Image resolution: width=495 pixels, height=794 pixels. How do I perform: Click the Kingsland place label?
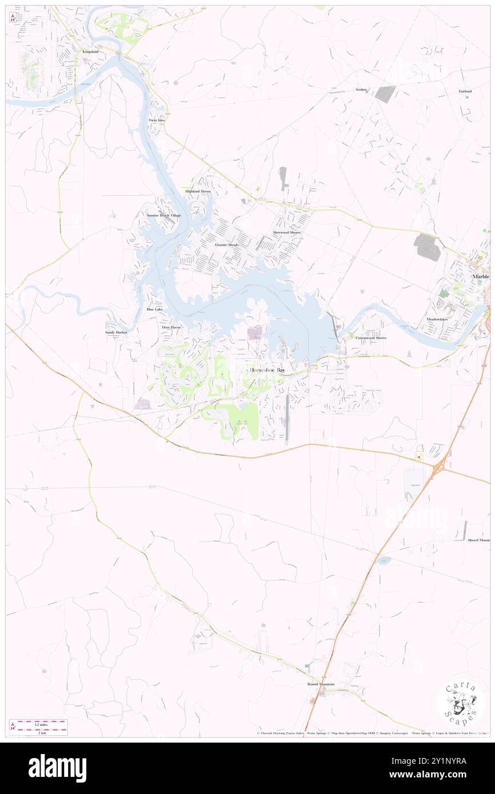[x=90, y=52]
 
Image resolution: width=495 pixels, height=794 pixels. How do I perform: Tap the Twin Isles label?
[x=156, y=121]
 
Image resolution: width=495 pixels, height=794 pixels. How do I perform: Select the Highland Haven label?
[x=198, y=191]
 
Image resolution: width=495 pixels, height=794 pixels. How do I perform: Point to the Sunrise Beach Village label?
[x=163, y=215]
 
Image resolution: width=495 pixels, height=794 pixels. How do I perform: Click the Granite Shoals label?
[x=226, y=244]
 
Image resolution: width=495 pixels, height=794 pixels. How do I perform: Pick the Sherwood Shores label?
[x=286, y=233]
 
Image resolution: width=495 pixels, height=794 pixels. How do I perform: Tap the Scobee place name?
[x=361, y=90]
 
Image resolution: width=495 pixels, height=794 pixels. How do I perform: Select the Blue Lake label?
[x=154, y=309]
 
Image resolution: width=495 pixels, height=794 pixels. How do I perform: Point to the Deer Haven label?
[x=171, y=327]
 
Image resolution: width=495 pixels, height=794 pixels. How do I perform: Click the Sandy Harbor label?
[x=115, y=332]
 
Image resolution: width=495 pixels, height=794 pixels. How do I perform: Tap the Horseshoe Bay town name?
[x=268, y=371]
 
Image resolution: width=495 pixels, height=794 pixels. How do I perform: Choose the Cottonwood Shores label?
[x=371, y=338]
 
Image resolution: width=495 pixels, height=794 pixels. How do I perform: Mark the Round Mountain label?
[x=321, y=684]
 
